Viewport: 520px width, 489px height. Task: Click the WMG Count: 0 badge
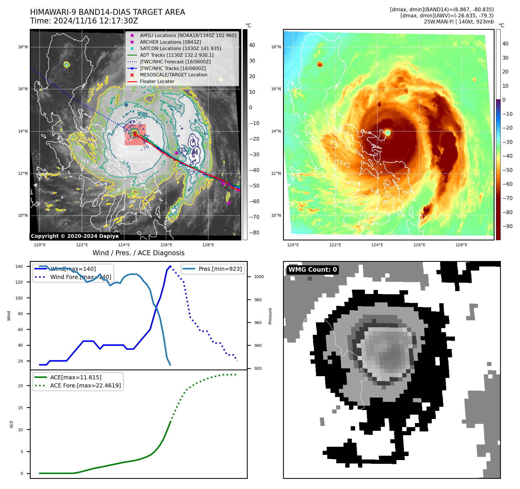tap(313, 270)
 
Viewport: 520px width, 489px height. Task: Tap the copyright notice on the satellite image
tap(75, 236)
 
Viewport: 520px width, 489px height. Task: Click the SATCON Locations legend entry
tap(180, 48)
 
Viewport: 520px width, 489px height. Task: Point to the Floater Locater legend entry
tap(157, 81)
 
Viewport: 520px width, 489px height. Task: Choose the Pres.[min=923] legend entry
tap(220, 269)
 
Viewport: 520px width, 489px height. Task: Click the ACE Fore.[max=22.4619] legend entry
tap(85, 385)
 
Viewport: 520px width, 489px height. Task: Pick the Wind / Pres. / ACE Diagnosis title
tap(138, 253)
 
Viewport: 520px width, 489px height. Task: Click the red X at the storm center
tap(135, 135)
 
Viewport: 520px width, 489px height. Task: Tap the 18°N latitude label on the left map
tap(23, 47)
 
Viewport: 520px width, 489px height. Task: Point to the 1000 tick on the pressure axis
tap(259, 277)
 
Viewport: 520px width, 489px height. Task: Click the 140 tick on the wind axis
tap(19, 266)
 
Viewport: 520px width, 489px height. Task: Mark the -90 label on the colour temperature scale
tap(507, 226)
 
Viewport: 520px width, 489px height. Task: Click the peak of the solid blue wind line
tap(170, 266)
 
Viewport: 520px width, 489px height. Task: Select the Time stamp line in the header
tap(84, 21)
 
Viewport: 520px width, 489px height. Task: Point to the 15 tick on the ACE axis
tap(20, 408)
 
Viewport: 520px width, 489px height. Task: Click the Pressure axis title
tap(270, 316)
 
